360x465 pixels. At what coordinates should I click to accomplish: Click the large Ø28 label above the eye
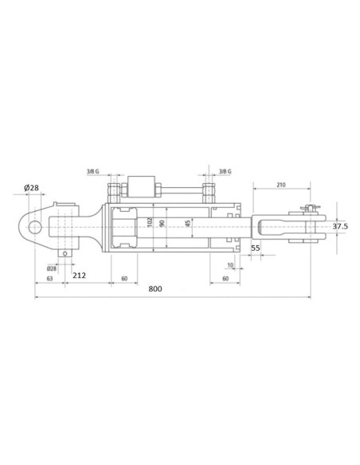31,188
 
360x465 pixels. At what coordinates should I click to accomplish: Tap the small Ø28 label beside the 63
51,268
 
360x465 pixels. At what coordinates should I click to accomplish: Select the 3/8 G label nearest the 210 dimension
225,171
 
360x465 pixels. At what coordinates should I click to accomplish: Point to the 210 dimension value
281,185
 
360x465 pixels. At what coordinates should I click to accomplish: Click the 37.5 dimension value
340,227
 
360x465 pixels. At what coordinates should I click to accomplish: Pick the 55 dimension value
256,248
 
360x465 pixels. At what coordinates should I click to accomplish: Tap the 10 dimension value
230,265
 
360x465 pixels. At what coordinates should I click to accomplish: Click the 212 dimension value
79,275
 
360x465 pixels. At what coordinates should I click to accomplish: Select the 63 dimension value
49,279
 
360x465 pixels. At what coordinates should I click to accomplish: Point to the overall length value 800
155,288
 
